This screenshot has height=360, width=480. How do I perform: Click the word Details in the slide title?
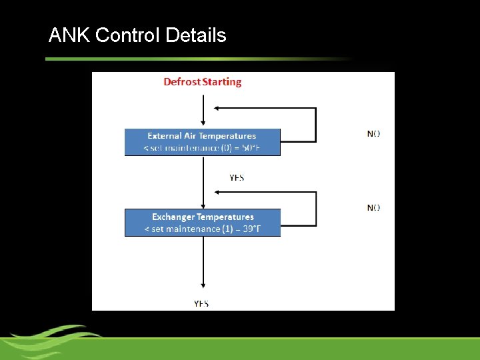click(x=195, y=35)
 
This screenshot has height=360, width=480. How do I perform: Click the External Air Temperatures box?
click(x=202, y=142)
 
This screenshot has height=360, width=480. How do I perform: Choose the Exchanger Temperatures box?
click(x=202, y=223)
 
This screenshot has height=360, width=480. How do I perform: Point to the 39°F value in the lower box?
click(x=264, y=229)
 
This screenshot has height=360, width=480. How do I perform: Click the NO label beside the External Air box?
click(x=374, y=133)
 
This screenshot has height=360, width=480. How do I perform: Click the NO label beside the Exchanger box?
click(x=374, y=207)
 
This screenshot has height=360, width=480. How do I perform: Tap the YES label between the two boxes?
click(x=237, y=177)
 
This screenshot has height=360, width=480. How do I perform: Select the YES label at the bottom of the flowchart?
click(x=201, y=303)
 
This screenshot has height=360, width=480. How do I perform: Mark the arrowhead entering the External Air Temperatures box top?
click(x=202, y=125)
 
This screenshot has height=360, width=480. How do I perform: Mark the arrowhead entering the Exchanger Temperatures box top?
click(x=202, y=205)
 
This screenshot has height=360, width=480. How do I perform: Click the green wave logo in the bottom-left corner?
click(x=50, y=340)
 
